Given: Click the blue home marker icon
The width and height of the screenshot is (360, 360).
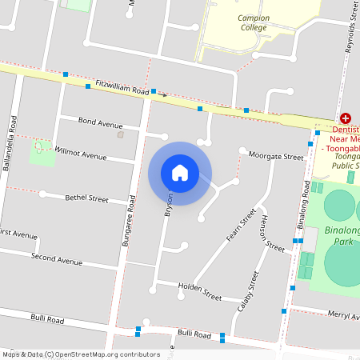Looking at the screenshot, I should pos(180,172).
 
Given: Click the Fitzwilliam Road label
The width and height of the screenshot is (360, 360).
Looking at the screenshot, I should pos(122,88).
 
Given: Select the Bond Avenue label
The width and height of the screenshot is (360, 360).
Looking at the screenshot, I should pos(100,122).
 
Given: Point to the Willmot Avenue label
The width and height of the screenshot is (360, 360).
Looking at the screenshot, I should pos(81,152).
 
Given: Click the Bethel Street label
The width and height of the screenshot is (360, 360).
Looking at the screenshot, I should pos(86,198).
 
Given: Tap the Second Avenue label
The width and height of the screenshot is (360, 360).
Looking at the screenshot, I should pos(56,259).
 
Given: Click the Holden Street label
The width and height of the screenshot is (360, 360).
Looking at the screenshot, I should pos(200,291).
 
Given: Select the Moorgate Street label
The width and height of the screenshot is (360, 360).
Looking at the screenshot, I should pos(275,156).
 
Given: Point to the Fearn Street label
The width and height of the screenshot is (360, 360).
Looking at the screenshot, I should pos(240,225).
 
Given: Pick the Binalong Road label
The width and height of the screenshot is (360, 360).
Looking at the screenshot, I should pos(304,210).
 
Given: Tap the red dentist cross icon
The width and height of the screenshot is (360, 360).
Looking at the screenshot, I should pos(345,118).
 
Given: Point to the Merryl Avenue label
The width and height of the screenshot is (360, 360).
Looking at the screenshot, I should pos(344,316).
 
